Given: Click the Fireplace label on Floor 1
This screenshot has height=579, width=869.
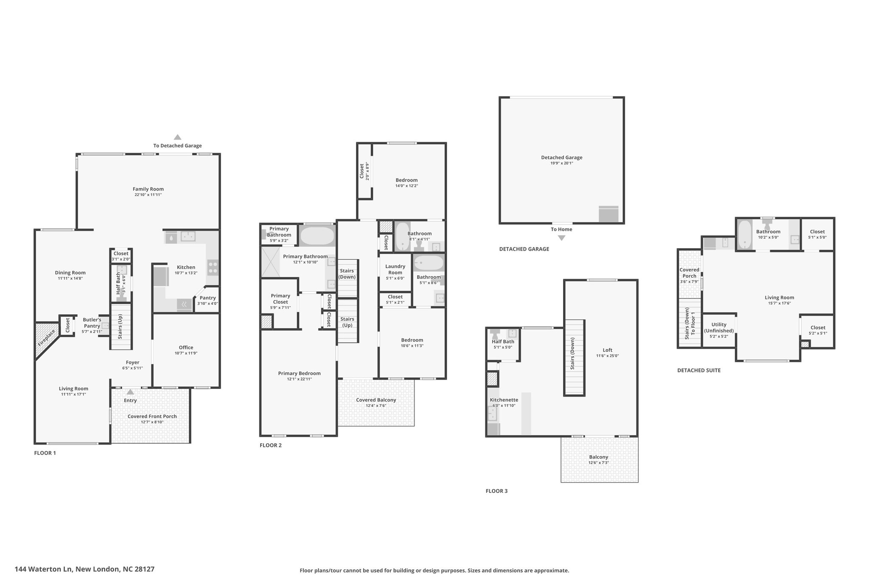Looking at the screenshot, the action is (47, 338).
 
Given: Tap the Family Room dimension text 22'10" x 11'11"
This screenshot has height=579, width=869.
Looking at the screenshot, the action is (148, 195).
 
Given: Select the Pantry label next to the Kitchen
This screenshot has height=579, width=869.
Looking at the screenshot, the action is (207, 298).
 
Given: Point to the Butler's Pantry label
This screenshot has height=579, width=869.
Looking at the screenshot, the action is (92, 323).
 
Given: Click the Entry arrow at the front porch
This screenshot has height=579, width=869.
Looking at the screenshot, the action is (130, 392).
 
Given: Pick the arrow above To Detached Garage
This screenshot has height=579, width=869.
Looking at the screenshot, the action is (177, 137).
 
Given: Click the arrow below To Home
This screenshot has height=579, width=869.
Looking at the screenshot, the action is (561, 238).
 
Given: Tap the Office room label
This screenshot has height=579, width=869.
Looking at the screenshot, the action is (186, 347).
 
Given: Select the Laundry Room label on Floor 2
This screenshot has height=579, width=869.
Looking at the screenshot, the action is (395, 269).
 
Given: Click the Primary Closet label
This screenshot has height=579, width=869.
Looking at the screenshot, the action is (280, 299).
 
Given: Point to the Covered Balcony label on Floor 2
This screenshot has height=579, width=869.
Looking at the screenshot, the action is (376, 400).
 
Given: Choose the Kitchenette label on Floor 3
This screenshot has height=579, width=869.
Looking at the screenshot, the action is (504, 400).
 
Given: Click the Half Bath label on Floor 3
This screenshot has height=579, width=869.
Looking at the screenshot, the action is (503, 341).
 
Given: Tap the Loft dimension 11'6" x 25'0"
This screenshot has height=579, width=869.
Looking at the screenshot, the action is (607, 356).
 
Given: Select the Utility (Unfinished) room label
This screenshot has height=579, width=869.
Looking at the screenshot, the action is (719, 327).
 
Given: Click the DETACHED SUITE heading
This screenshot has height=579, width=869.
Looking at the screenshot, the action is (699, 370).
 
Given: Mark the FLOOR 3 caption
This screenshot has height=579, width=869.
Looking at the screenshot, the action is (496, 491).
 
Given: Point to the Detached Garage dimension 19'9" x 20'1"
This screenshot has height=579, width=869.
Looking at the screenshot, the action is (561, 163).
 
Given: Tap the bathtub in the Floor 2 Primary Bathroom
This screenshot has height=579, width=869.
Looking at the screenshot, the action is (317, 236).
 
